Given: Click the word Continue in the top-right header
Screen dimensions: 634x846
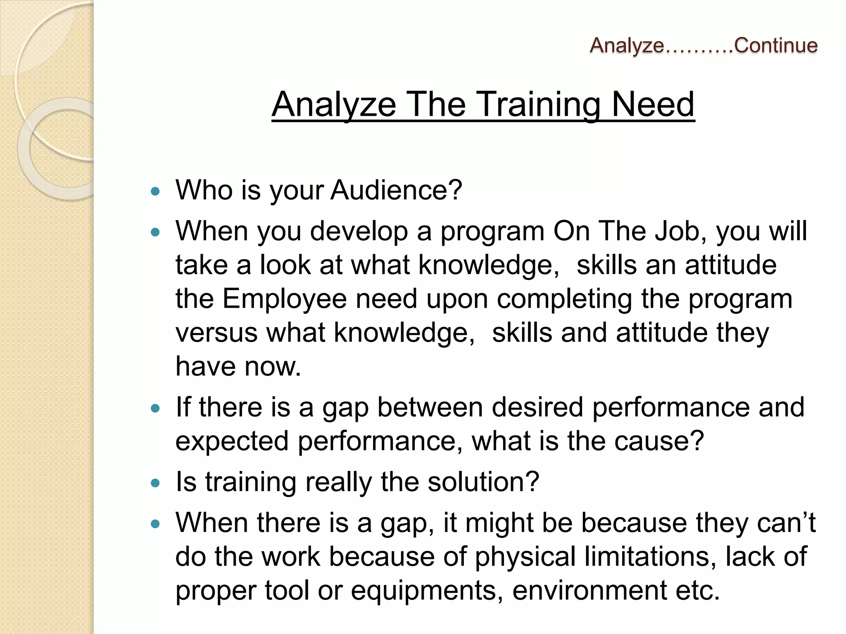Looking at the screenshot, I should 775,45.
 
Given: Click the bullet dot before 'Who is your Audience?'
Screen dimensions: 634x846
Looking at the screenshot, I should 155,191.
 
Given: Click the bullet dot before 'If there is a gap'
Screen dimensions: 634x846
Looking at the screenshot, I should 155,409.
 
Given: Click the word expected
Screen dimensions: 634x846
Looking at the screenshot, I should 232,441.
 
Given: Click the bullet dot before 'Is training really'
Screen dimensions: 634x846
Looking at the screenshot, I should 155,483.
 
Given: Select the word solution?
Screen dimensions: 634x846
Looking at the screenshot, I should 483,482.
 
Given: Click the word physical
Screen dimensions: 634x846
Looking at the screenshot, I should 525,556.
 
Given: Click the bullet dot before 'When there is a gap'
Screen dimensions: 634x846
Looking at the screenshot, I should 155,524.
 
